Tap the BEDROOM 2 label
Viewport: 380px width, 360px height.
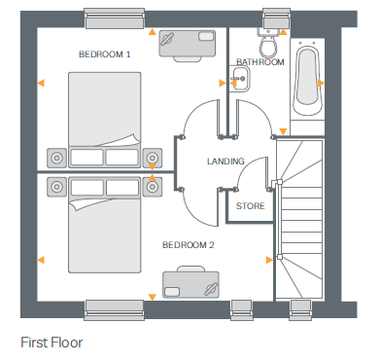pyautogui.click(x=188, y=244)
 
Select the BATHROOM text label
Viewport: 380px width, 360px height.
pyautogui.click(x=259, y=62)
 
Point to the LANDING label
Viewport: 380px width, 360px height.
pyautogui.click(x=225, y=162)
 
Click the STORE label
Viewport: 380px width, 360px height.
pyautogui.click(x=250, y=205)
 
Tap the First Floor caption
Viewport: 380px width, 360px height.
pyautogui.click(x=52, y=342)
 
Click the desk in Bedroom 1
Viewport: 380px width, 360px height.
pyautogui.click(x=182, y=43)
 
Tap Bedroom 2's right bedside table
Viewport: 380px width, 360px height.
pyautogui.click(x=152, y=185)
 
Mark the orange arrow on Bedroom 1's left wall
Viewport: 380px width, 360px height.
pyautogui.click(x=41, y=84)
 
